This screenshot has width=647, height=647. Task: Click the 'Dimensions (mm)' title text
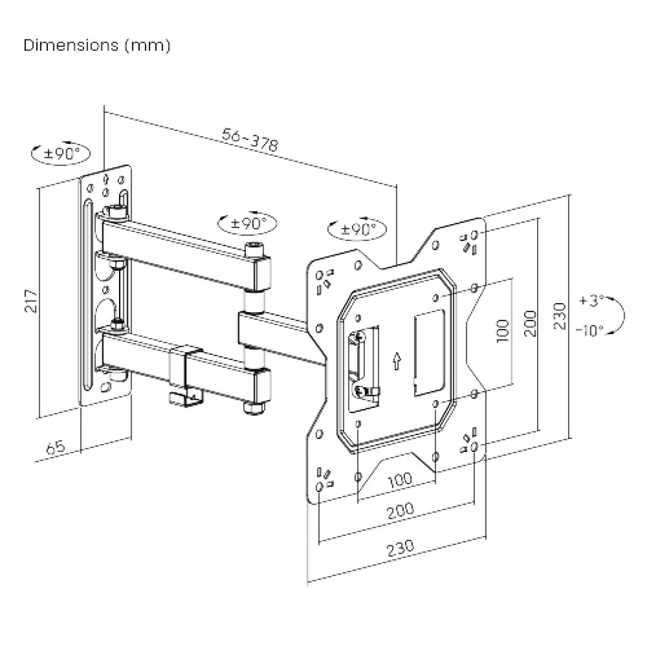tap(97, 46)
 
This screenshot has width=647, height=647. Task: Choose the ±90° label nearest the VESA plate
tap(357, 229)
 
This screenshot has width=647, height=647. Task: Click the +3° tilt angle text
tap(591, 300)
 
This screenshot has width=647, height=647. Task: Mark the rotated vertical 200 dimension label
tap(531, 323)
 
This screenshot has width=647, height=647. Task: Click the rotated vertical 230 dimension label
tap(560, 315)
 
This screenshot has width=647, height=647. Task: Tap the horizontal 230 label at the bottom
tap(400, 546)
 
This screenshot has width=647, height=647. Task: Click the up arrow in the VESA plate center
tap(396, 360)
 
